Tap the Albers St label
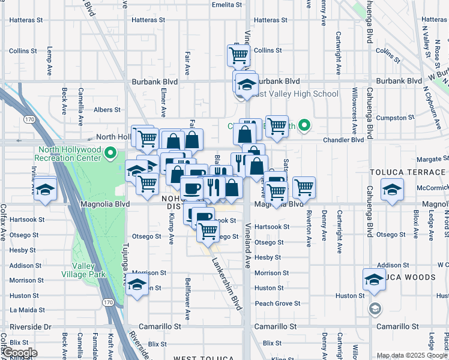pos(107,110)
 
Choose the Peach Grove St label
pos(277,304)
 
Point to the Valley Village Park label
pos(89,270)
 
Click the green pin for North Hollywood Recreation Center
pos(110,154)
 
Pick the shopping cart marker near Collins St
pos(238,55)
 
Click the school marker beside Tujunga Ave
pos(136,284)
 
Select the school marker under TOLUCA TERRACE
pos(391,190)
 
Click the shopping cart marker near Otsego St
pos(208,230)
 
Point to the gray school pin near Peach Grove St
pos(375,309)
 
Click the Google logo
pos(19,353)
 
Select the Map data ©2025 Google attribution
pos(412,355)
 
